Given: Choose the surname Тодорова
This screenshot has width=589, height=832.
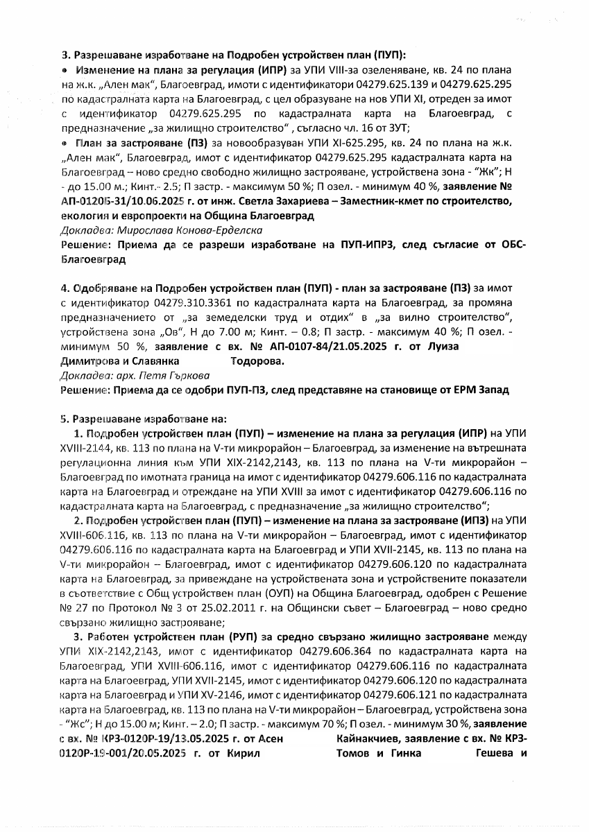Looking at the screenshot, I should (255, 361).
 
